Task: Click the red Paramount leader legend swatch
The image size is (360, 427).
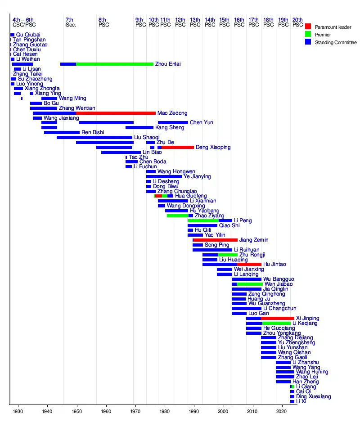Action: point(308,27)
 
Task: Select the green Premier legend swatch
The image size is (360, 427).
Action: point(308,35)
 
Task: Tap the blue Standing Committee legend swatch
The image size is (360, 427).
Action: point(308,42)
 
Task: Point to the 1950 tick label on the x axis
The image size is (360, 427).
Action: point(76,412)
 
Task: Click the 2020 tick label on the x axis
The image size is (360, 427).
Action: point(282,412)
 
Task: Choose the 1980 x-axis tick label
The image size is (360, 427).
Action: point(165,412)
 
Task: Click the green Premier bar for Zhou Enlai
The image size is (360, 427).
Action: point(115,64)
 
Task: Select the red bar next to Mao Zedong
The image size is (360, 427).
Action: point(116,113)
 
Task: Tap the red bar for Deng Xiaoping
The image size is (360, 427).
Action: point(178,147)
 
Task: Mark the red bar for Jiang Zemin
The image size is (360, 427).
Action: point(216,240)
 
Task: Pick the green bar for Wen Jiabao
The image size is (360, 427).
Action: point(249,284)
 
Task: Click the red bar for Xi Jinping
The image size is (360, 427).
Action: point(278,318)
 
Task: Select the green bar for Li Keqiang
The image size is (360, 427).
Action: point(276,323)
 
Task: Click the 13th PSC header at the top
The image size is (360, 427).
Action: point(195,22)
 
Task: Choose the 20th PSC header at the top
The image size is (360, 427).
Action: point(297,22)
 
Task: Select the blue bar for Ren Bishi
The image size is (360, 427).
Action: point(62,132)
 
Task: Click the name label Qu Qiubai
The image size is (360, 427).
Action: point(28,35)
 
